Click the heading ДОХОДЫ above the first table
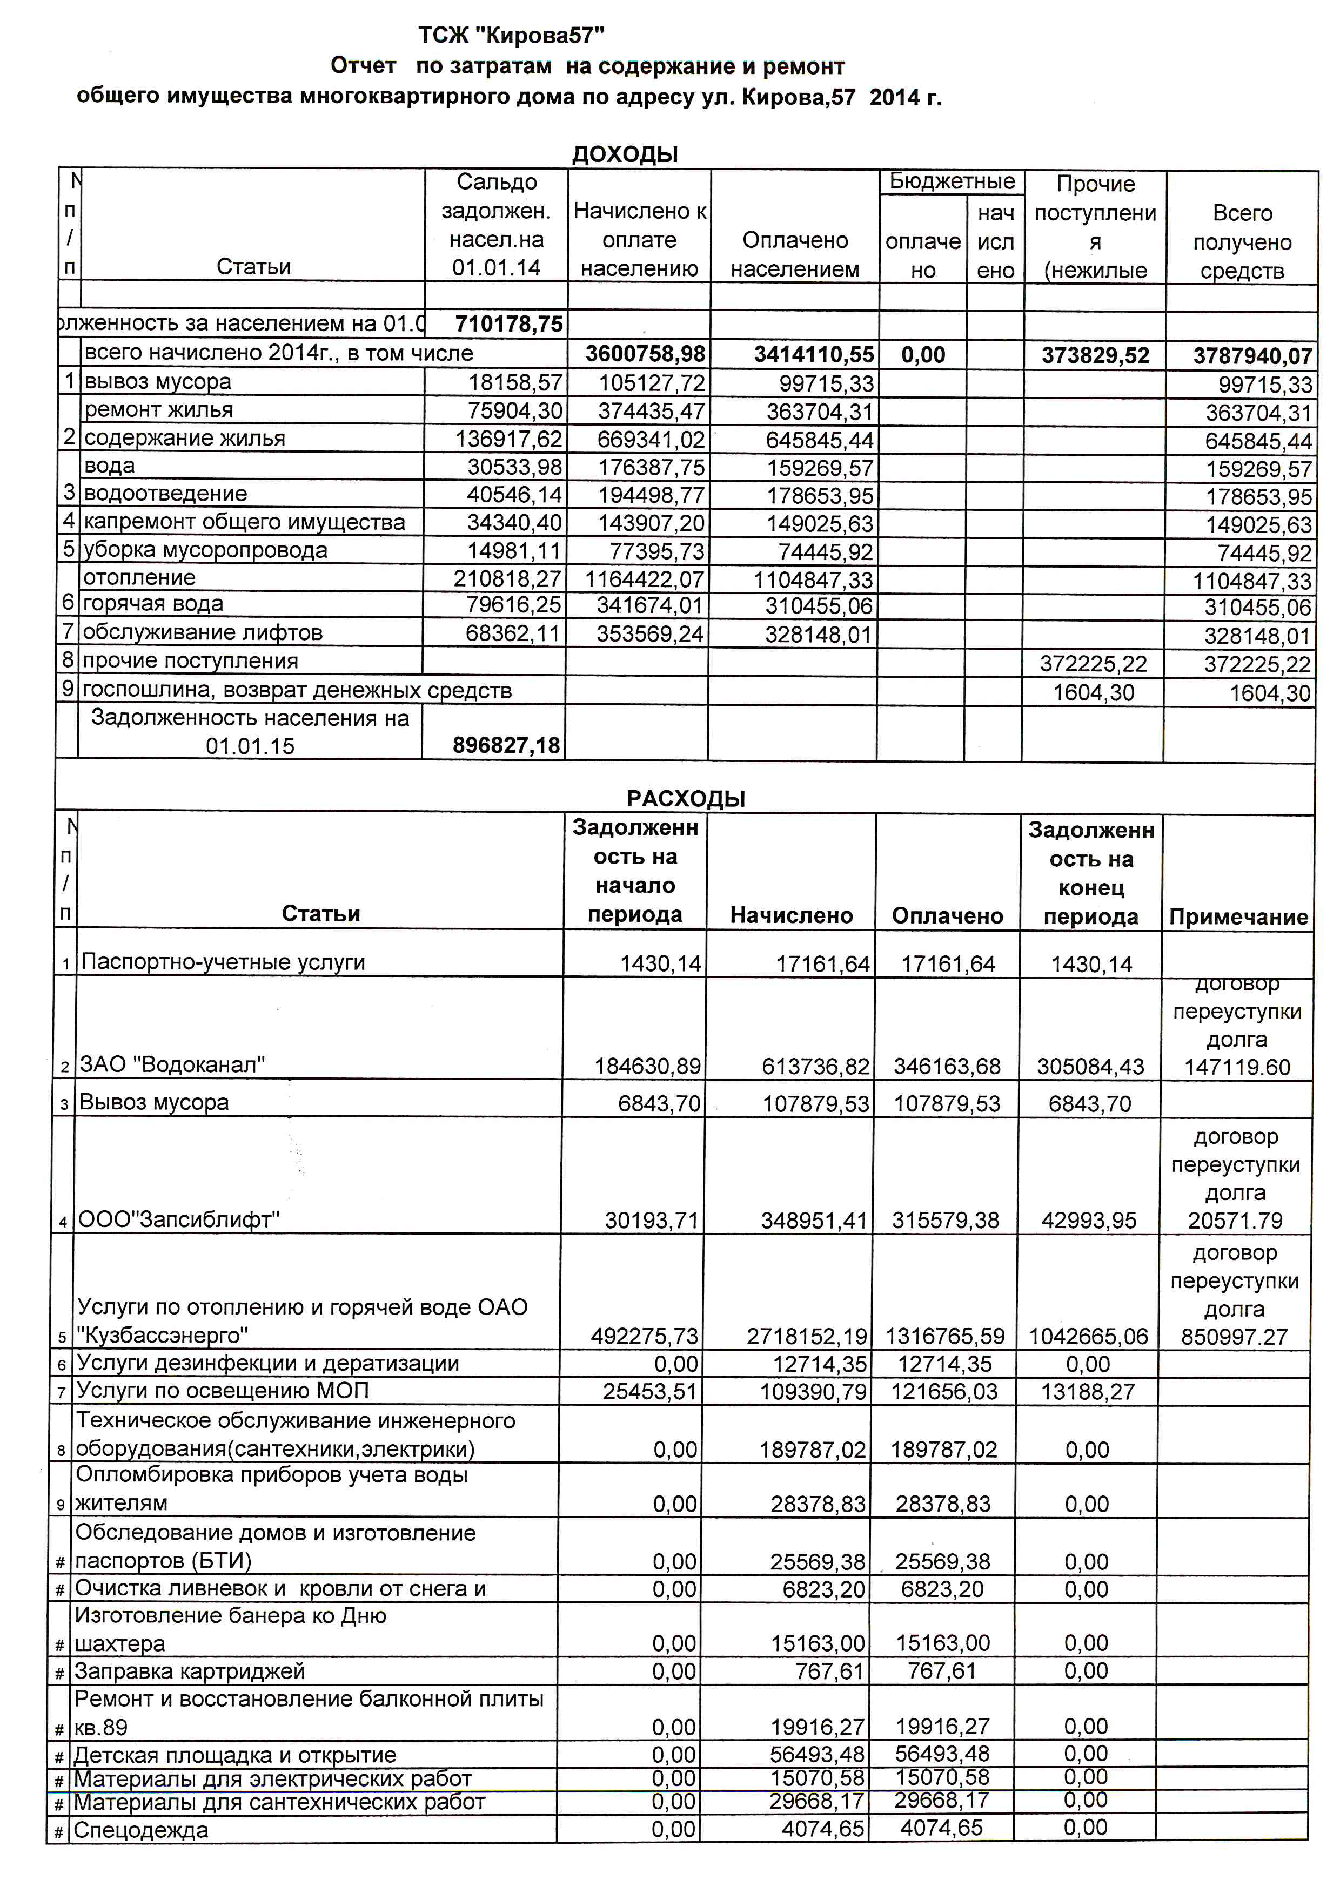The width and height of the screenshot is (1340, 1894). pos(625,154)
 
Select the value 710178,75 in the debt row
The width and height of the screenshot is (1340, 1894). pos(508,324)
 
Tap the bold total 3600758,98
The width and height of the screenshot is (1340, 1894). pos(645,355)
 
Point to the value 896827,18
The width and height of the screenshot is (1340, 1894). pos(506,746)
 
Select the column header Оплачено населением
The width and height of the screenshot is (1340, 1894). pos(795,255)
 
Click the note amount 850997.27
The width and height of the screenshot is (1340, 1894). pos(1235,1337)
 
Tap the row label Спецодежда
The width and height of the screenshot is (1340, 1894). pos(140,1830)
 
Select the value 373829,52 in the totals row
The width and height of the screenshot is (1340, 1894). pos(1095,355)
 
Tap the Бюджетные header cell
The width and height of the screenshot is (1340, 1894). pos(952,181)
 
